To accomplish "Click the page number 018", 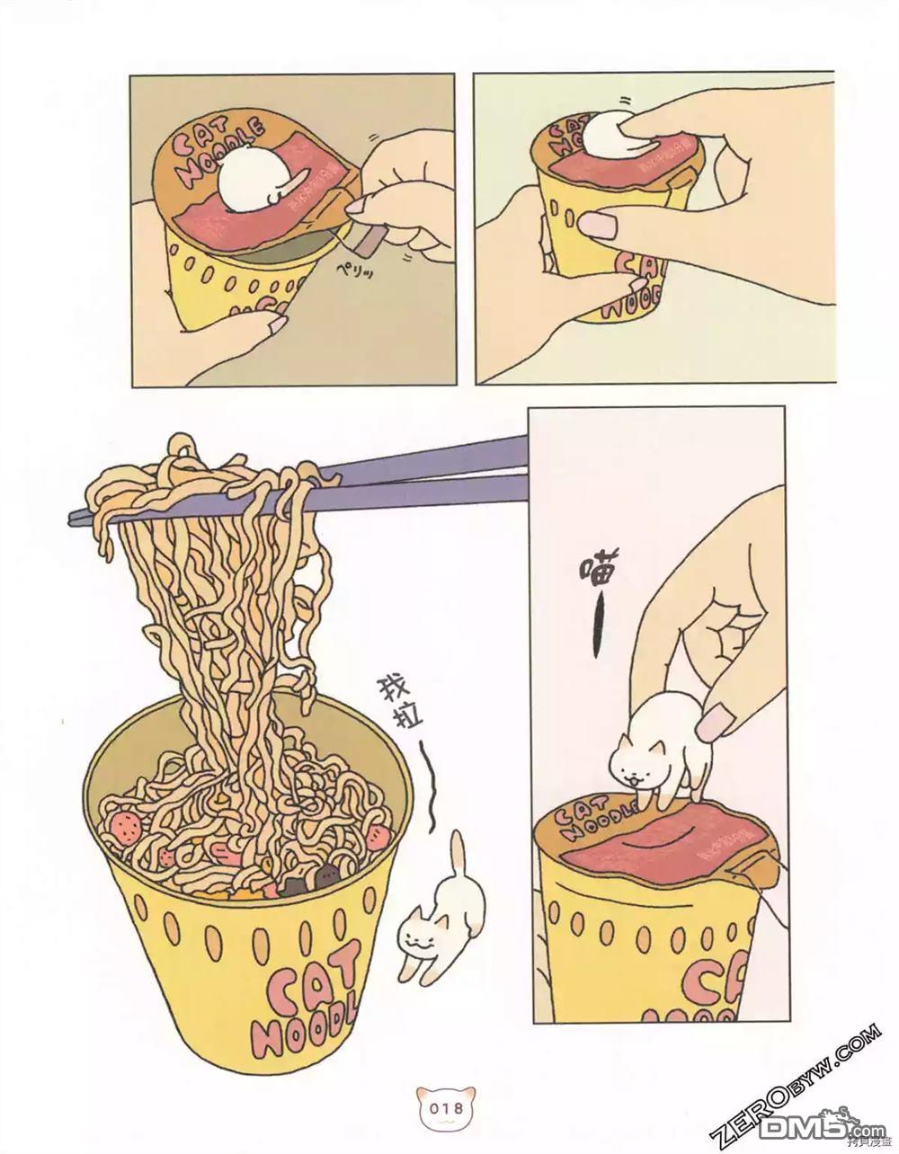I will coord(447,1108).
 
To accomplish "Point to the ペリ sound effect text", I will coord(355,268).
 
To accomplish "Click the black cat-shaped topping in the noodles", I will coord(293,886).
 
